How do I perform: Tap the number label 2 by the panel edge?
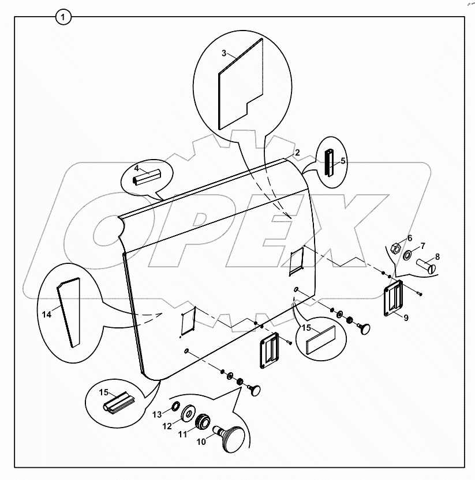pos(297,153)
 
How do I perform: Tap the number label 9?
pos(406,318)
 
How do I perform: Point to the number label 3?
pos(224,54)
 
